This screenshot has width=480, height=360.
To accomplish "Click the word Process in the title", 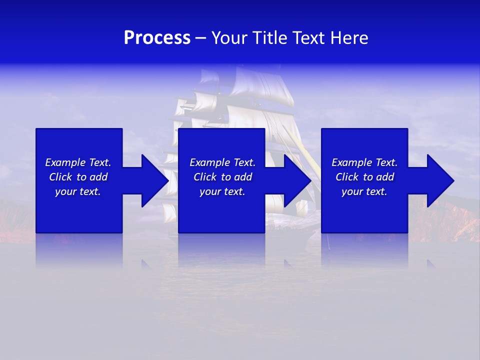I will (x=157, y=38).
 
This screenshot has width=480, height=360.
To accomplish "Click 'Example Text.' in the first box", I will (x=78, y=162).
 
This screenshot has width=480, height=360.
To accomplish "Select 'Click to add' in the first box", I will (x=78, y=177).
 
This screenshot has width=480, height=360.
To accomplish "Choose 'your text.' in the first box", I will (x=78, y=191).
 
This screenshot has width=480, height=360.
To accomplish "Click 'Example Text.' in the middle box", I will (x=222, y=162).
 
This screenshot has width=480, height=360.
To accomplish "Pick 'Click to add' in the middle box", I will (x=222, y=177).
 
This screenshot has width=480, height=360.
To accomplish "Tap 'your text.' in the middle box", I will (x=222, y=191).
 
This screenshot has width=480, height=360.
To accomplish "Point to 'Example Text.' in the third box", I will (x=364, y=162).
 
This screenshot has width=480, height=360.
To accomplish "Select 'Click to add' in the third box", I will (x=364, y=177).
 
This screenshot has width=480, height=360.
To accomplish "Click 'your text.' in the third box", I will (x=364, y=191).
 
